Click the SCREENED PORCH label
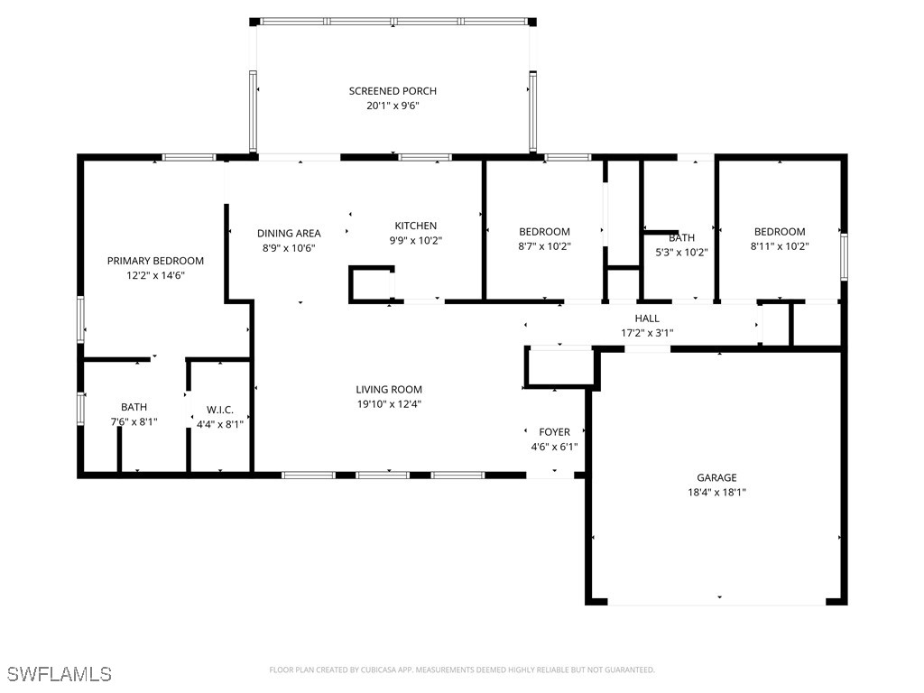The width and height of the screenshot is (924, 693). tap(393, 91)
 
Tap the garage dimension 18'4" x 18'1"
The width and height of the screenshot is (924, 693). tap(716, 493)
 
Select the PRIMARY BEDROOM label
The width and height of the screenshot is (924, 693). tap(155, 261)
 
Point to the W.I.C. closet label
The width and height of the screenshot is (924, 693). tap(220, 410)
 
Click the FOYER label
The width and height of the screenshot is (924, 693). tap(554, 432)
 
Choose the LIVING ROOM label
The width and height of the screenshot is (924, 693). tap(388, 390)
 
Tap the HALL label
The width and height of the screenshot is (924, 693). tap(647, 319)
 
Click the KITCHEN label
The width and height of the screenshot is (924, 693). tap(415, 226)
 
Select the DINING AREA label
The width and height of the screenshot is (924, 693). tap(289, 233)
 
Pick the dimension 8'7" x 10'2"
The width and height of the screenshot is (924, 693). tap(544, 246)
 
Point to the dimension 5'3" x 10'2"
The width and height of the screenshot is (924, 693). tap(681, 253)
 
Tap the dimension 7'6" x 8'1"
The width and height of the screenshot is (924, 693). tap(134, 421)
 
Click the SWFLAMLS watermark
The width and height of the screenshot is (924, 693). tap(59, 674)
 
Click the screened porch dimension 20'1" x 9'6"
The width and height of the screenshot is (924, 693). tap(393, 106)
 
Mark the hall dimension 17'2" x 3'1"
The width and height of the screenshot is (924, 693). tap(647, 333)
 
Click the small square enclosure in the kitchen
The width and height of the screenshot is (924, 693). tap(371, 284)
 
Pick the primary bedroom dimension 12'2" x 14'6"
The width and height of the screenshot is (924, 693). tap(155, 276)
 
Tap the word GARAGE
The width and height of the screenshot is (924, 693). tap(716, 478)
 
